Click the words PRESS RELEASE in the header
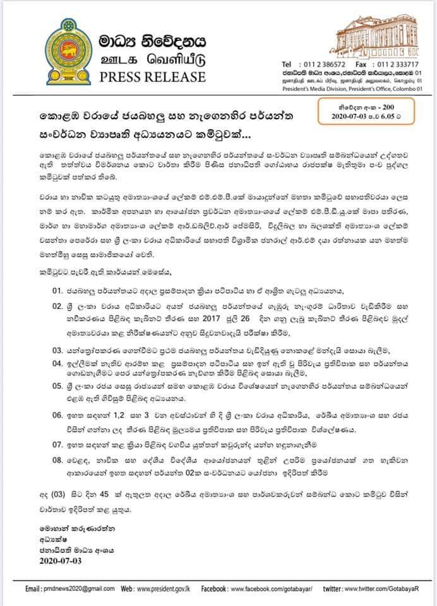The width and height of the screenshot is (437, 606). click(x=153, y=77)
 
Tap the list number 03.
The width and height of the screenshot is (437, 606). click(x=57, y=349)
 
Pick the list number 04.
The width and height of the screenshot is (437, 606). click(x=57, y=364)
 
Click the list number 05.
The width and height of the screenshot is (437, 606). click(x=57, y=391)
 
